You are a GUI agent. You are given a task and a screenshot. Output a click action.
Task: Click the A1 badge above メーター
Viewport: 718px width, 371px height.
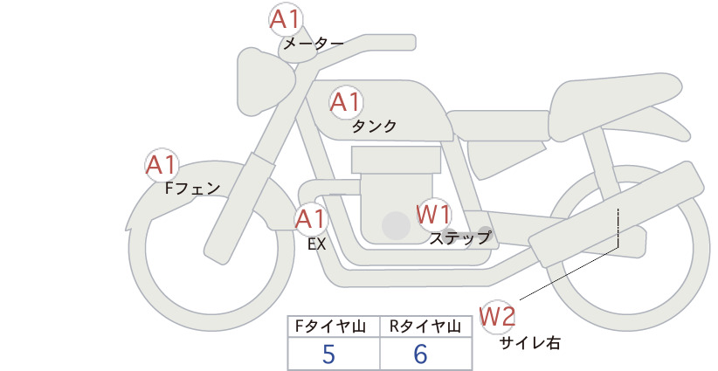click(x=286, y=20)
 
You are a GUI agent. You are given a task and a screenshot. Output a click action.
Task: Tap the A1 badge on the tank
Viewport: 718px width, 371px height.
click(x=346, y=101)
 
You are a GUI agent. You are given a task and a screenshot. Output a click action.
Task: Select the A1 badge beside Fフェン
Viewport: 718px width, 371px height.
click(x=162, y=165)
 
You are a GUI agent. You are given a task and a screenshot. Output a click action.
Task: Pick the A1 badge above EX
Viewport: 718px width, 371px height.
click(x=311, y=218)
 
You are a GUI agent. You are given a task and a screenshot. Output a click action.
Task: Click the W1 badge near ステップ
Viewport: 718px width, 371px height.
click(x=433, y=214)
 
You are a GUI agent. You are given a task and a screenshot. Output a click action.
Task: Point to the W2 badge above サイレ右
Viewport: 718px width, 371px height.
click(x=497, y=316)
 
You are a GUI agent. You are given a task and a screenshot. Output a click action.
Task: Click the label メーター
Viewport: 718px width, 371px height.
click(x=314, y=45)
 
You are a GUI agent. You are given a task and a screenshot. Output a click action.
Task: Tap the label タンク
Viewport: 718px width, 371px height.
click(x=374, y=126)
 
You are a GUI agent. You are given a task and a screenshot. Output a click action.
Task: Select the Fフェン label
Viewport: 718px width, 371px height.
click(x=192, y=188)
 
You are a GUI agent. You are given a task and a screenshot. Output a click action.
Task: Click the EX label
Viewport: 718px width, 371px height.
click(x=317, y=244)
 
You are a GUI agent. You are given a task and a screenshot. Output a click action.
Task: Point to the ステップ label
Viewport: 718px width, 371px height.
click(x=459, y=238)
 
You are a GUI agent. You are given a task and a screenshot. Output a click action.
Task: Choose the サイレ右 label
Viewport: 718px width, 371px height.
click(x=529, y=343)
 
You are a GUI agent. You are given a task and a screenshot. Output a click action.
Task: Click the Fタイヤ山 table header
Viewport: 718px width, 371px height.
click(x=330, y=326)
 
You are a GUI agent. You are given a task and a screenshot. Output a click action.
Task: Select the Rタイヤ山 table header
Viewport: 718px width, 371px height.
click(x=425, y=326)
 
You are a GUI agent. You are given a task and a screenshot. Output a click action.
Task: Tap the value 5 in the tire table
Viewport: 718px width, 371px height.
click(x=328, y=354)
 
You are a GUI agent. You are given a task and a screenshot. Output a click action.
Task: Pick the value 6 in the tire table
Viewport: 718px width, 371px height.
click(x=421, y=354)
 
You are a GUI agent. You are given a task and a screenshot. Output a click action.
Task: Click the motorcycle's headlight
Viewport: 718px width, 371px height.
click(x=265, y=81)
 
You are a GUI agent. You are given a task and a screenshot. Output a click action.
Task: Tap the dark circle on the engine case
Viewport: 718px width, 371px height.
click(x=396, y=225)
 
